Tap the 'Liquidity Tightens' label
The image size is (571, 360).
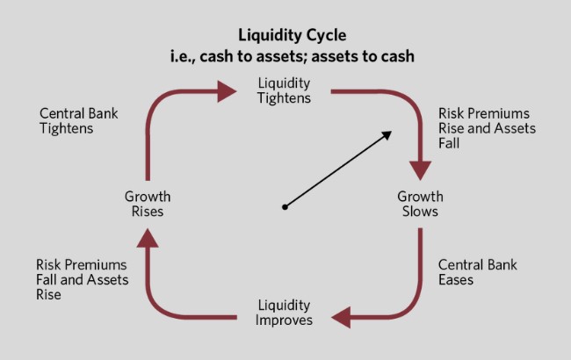(284, 90)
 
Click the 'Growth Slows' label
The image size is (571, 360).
(420, 204)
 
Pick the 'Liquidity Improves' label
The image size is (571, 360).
(284, 313)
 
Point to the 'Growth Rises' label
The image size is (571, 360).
(148, 204)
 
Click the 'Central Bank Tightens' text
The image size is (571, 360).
(79, 120)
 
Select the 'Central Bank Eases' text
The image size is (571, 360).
(477, 272)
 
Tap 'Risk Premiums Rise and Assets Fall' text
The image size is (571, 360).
(486, 128)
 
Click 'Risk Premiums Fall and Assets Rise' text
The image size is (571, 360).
(82, 279)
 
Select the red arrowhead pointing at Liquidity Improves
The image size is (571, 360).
(340, 315)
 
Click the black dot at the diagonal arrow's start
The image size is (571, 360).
(285, 207)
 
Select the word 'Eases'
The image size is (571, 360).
(456, 280)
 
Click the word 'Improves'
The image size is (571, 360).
(284, 320)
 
